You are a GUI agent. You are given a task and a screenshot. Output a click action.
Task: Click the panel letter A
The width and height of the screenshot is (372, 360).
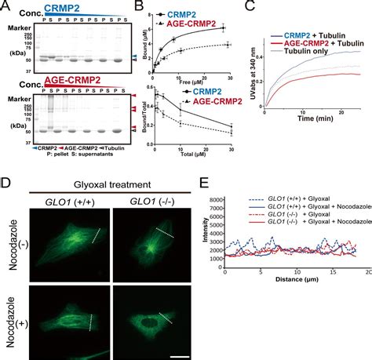pos(6,6)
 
